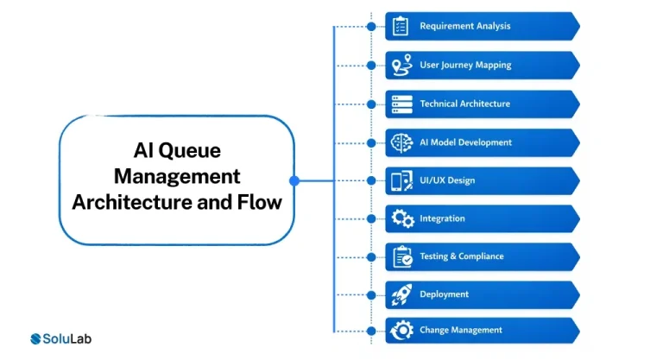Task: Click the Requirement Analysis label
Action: click(x=464, y=26)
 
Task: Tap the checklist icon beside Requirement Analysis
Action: click(x=401, y=26)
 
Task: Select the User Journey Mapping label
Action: click(x=465, y=65)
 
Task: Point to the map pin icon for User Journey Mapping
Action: click(x=401, y=65)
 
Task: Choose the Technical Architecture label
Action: click(x=464, y=104)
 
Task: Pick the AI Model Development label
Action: click(x=465, y=142)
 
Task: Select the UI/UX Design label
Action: click(x=447, y=180)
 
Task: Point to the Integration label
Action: click(x=442, y=218)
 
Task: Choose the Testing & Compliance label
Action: click(x=462, y=256)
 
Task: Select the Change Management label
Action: click(x=461, y=330)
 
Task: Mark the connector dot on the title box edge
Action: click(x=294, y=180)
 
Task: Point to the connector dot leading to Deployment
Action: click(x=370, y=294)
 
